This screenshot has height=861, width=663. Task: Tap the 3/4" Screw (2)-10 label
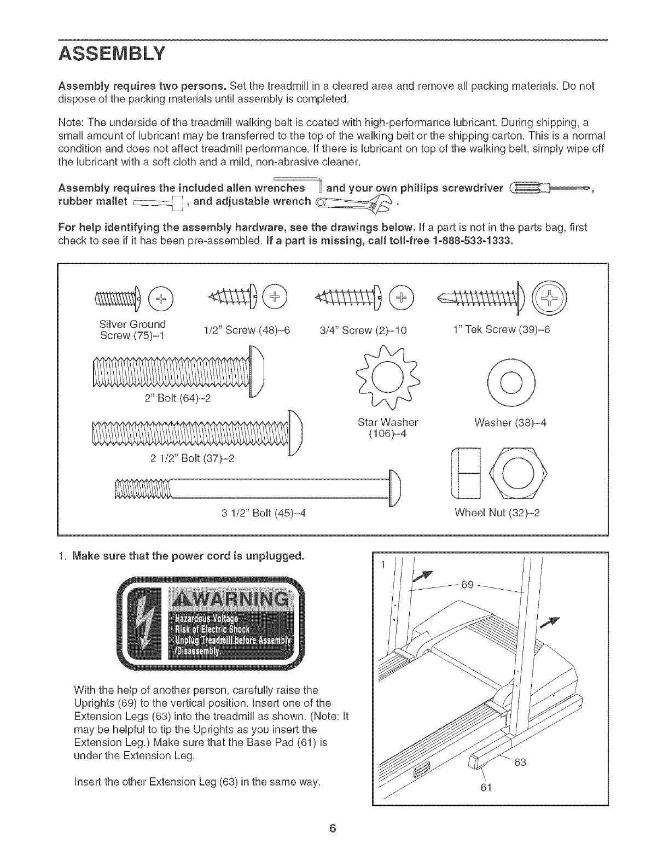(363, 330)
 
